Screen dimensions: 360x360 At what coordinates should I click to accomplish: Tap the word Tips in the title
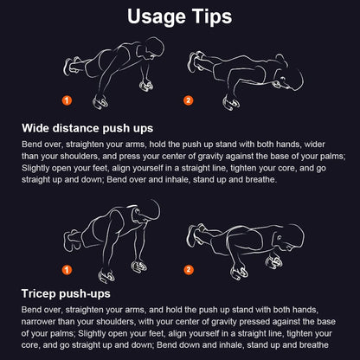212,17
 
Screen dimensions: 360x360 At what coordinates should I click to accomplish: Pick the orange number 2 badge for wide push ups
189,100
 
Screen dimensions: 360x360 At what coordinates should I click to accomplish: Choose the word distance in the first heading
84,128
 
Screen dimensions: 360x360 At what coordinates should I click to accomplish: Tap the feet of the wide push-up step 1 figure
70,65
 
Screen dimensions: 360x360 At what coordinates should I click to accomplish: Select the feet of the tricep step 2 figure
196,233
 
